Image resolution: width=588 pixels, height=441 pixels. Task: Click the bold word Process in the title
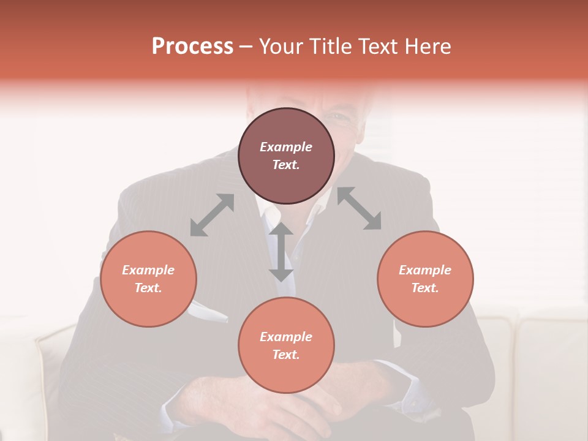(x=192, y=47)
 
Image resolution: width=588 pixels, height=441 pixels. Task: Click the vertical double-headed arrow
(x=281, y=252)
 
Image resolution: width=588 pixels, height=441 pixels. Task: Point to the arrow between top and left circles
(x=212, y=215)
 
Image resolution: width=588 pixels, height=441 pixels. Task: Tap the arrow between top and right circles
(x=360, y=208)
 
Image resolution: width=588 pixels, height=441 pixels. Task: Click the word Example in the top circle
(x=286, y=147)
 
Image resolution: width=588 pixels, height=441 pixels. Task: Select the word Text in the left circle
(x=148, y=288)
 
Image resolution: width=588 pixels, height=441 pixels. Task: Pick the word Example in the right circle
(x=424, y=270)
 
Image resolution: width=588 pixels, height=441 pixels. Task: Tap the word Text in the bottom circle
(x=286, y=355)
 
